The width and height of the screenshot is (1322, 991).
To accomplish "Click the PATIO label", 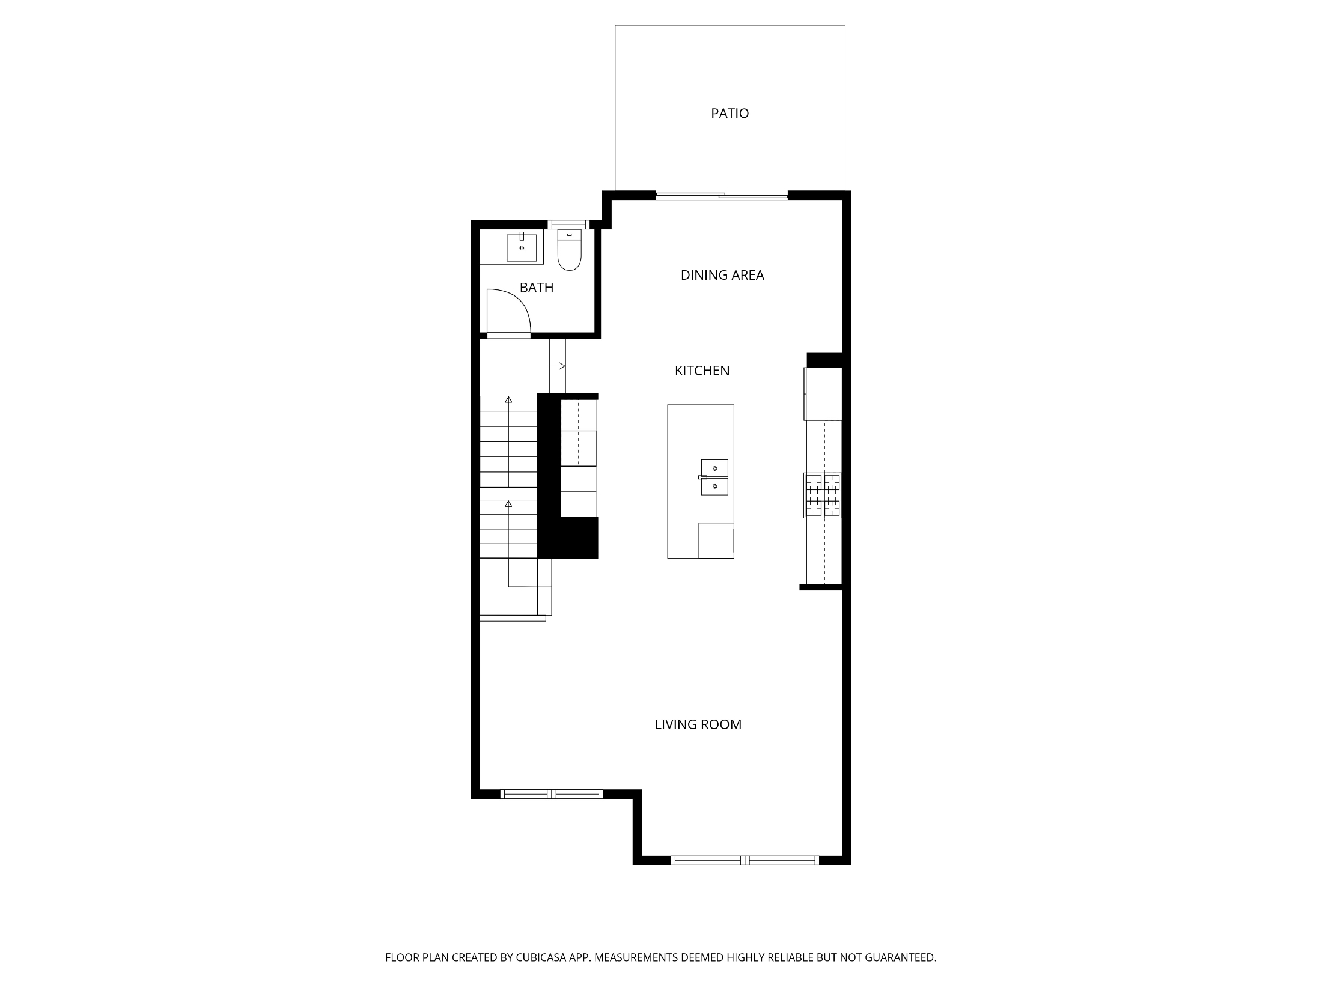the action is click(x=730, y=113).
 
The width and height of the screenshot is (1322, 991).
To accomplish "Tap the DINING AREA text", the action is click(x=722, y=275).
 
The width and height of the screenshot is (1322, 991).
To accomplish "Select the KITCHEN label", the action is click(x=702, y=371).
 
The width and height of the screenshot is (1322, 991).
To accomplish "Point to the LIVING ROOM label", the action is click(x=698, y=724).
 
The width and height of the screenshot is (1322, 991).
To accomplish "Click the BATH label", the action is click(x=536, y=288).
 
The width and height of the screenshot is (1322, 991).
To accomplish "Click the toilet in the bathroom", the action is click(x=570, y=250).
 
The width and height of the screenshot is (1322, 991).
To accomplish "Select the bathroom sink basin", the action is click(x=522, y=247).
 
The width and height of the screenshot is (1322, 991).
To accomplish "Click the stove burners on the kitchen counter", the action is click(x=823, y=495).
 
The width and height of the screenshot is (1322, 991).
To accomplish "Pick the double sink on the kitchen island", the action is click(x=714, y=477).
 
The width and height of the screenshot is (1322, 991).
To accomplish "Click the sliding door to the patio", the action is click(x=721, y=195).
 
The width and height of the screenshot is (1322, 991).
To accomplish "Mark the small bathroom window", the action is click(x=568, y=225).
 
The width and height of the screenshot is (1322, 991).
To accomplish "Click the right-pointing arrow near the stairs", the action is click(x=558, y=366).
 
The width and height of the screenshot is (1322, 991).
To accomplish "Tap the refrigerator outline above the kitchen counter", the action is click(x=823, y=394).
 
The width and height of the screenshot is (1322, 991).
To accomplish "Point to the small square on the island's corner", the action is click(x=716, y=541).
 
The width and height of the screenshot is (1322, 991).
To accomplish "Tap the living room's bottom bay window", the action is click(x=745, y=861).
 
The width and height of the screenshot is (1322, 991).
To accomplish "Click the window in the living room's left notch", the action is click(x=552, y=794).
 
